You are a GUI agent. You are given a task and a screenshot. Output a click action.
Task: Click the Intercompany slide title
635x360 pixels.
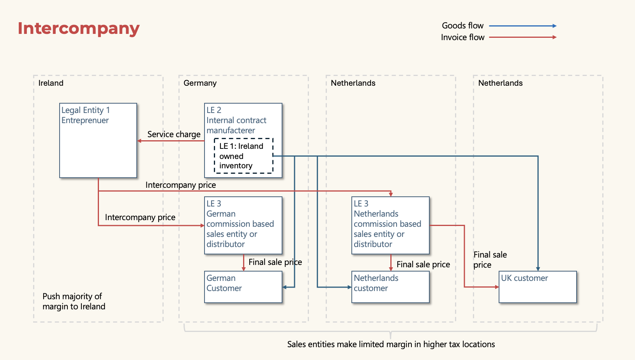coord(78,28)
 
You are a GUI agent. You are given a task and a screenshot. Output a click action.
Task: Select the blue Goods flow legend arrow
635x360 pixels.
coord(522,26)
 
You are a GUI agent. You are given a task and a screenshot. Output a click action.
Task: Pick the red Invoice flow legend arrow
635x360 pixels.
coord(522,37)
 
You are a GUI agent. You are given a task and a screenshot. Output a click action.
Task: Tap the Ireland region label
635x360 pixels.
coord(51,83)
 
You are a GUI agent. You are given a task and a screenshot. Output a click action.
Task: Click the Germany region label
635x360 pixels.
coord(200,83)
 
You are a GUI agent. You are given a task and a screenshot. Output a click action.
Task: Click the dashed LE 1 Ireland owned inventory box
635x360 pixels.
coord(243,156)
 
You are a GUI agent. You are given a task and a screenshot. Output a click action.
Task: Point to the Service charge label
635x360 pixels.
coord(174,134)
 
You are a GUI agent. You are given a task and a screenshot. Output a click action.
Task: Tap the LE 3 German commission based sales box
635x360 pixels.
coord(243,225)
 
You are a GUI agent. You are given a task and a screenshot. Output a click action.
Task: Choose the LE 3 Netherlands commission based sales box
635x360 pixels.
coord(390,225)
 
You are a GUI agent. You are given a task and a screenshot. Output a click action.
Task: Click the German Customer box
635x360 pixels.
coord(243,287)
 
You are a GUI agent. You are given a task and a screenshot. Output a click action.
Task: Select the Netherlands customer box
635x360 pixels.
coord(390,287)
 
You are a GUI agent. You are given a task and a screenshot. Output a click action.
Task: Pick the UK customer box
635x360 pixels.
coord(537,287)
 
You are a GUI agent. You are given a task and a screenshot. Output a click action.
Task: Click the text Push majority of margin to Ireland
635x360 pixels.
coord(74,301)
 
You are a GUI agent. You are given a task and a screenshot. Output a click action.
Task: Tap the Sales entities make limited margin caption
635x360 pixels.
coord(391,344)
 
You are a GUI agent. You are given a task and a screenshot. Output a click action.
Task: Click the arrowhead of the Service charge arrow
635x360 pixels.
coord(139,141)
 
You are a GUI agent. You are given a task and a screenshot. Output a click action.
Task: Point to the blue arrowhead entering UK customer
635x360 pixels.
coord(538,269)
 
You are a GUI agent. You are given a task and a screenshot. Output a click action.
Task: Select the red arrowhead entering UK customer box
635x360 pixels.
coord(497,287)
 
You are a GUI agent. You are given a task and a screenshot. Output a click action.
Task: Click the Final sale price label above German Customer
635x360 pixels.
coord(275,262)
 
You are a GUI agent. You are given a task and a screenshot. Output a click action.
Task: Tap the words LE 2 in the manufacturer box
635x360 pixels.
coord(214,110)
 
